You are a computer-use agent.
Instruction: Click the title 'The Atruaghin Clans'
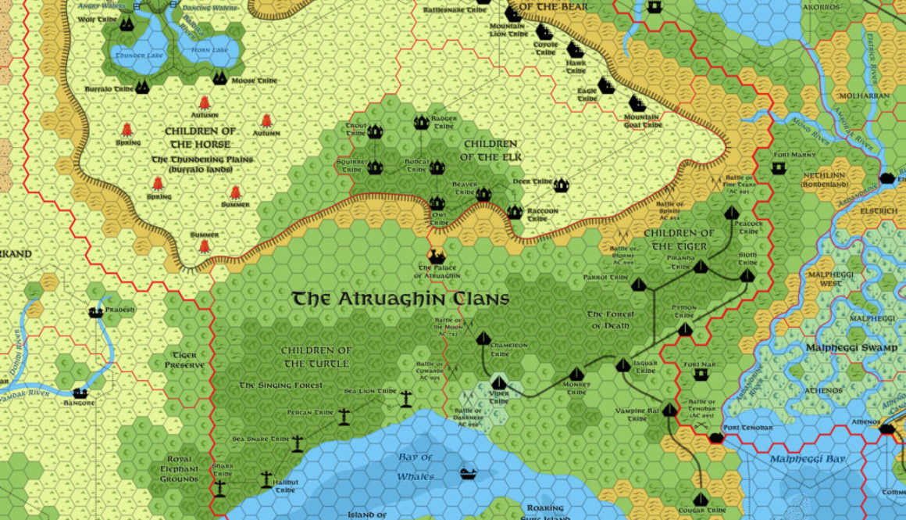(400, 299)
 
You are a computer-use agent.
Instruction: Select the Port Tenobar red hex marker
(715, 437)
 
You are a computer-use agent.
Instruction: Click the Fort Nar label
(700, 364)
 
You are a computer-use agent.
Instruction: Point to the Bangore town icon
(79, 393)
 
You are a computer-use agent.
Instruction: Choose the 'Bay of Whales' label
(415, 467)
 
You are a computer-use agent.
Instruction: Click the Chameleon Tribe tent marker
(483, 339)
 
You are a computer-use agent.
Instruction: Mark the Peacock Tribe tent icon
(732, 213)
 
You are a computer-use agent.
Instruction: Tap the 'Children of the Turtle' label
(316, 357)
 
